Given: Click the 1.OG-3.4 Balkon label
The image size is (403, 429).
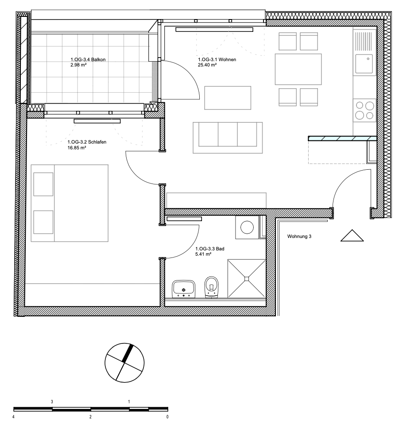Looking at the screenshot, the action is [x=88, y=60].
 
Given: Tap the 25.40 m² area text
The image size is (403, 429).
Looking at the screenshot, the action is [x=207, y=65].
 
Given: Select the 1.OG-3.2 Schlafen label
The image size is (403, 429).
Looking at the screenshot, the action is [x=87, y=142].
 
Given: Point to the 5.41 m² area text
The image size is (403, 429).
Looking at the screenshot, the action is [x=203, y=254].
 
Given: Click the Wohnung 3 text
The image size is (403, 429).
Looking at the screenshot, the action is [x=299, y=236].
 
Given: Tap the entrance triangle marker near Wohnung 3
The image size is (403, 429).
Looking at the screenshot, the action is [x=352, y=236].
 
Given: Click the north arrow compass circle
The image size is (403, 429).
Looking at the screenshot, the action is [x=124, y=363].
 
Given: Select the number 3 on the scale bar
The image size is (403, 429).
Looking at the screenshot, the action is [x=52, y=402].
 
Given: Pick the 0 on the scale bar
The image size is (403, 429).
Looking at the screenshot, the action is [x=167, y=417].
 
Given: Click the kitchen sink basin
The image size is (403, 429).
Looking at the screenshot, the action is [x=364, y=64].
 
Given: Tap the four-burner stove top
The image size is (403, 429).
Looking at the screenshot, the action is [x=364, y=110].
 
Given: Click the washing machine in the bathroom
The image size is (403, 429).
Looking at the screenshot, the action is [x=247, y=227].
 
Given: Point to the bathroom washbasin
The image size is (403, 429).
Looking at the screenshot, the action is [x=184, y=289].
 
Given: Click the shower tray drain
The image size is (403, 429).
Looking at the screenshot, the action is [x=247, y=279].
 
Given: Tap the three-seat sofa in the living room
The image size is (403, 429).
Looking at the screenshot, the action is [x=228, y=138].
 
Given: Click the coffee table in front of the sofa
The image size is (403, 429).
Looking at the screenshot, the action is [x=228, y=98].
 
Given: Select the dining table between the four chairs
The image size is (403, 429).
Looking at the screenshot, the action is [x=298, y=69].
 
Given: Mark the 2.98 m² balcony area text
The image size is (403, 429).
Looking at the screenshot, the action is [x=78, y=65].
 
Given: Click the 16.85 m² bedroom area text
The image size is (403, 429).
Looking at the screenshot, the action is [x=77, y=148].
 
